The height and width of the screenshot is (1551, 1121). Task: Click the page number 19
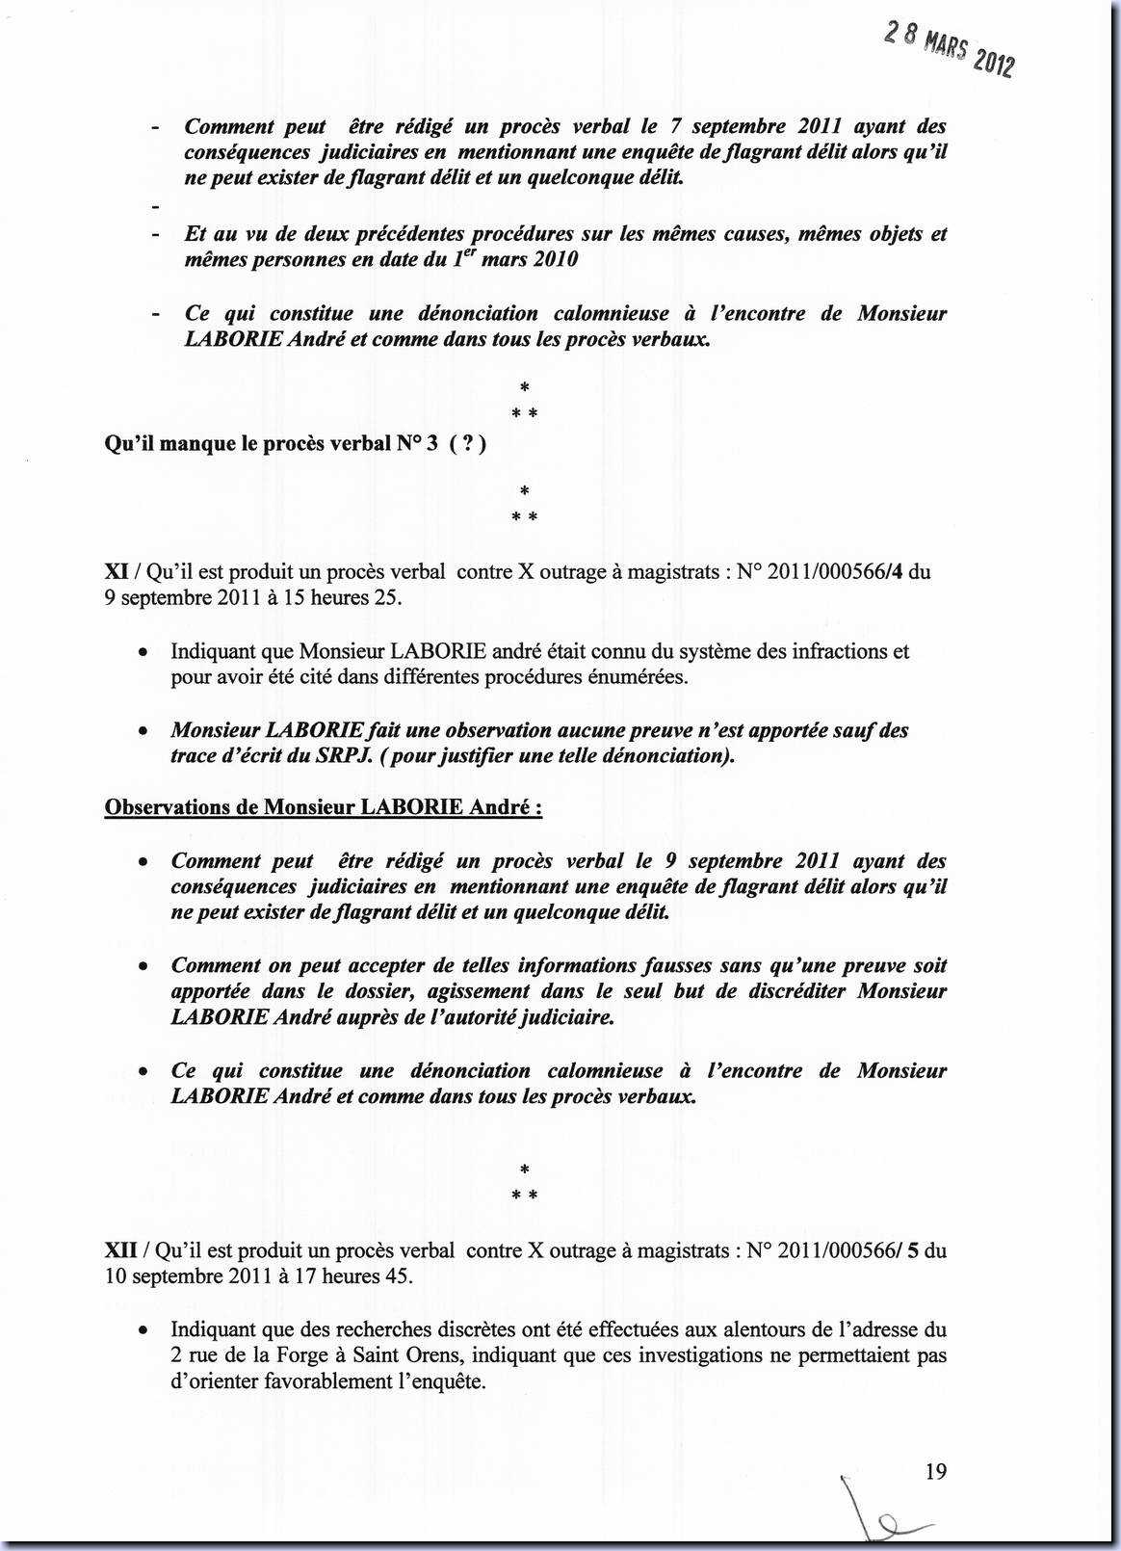pyautogui.click(x=935, y=1471)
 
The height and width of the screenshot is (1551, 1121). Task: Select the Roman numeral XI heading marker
pyautogui.click(x=117, y=571)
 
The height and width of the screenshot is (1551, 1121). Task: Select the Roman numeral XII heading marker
pyautogui.click(x=120, y=1250)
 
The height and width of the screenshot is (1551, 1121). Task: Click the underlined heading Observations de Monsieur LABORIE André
pyautogui.click(x=323, y=807)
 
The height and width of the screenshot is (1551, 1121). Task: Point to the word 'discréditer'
pyautogui.click(x=776, y=991)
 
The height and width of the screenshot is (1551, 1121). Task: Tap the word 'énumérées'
pyautogui.click(x=639, y=676)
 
